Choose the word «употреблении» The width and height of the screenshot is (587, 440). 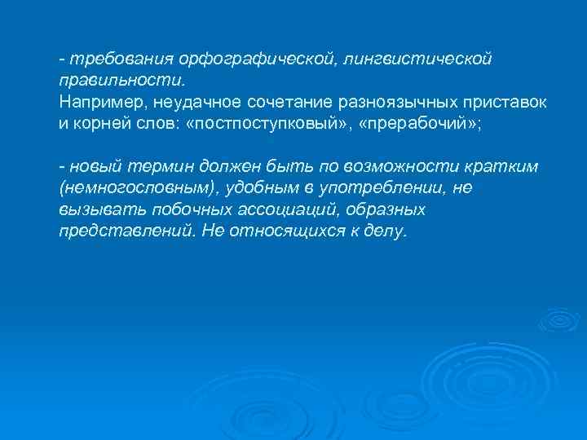point(377,188)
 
